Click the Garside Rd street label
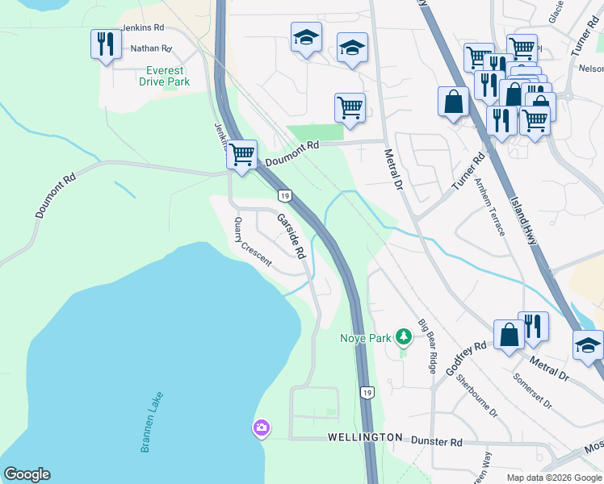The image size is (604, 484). [291, 235]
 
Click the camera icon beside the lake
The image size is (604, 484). [261, 428]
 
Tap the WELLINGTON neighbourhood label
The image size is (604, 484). [365, 437]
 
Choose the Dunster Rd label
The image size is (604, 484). [436, 442]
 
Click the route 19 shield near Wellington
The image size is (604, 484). [367, 392]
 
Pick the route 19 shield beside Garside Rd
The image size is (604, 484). [284, 195]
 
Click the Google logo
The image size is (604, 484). [27, 474]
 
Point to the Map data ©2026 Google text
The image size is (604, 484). [553, 478]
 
